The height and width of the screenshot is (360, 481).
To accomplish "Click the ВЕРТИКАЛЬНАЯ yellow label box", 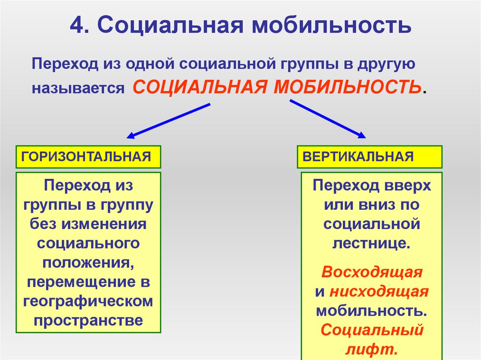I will point(369,157).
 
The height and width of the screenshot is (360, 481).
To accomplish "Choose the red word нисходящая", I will point(379,291).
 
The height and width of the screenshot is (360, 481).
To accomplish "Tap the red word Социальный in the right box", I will point(372,330).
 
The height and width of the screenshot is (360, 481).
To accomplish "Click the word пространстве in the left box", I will point(88,321).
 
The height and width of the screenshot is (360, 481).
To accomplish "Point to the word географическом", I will point(88,301).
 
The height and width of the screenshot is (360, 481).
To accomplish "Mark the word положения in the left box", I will point(88,263).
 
